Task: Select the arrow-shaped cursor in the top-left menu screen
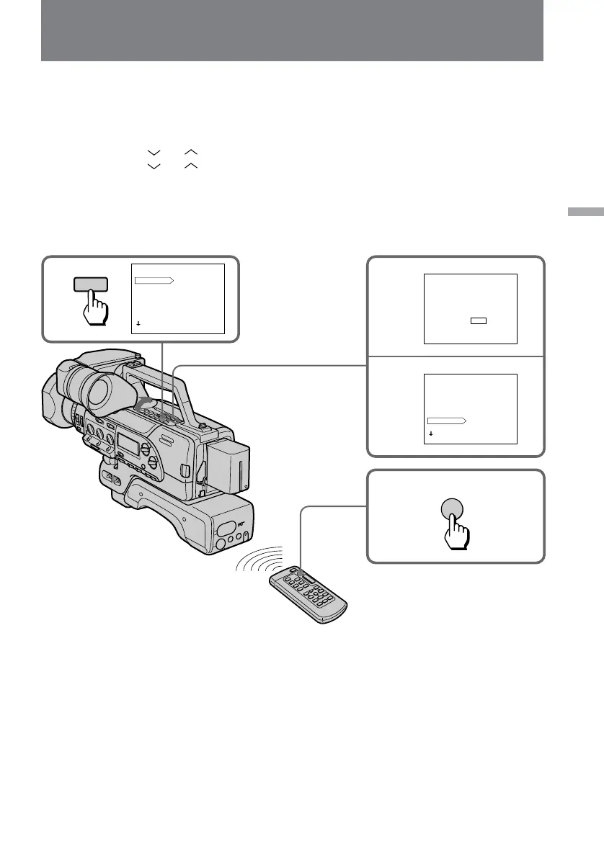154,279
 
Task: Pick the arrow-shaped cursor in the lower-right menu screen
447,420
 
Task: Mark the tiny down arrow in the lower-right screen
430,435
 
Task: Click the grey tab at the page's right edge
585,212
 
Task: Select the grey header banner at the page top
292,30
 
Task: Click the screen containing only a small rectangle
470,309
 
